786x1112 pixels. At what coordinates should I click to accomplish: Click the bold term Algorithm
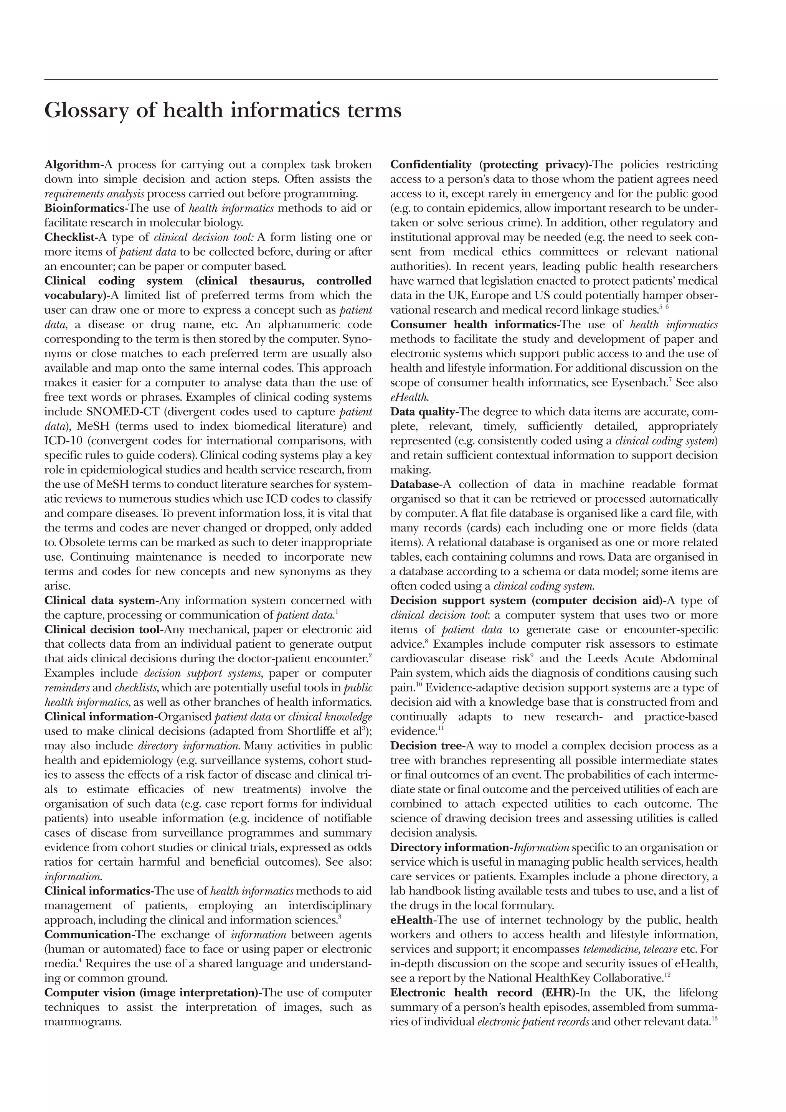[71, 165]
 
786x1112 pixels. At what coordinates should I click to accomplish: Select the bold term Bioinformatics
[84, 208]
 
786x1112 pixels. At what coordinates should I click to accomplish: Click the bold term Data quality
[422, 412]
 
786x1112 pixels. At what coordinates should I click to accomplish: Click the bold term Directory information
[449, 848]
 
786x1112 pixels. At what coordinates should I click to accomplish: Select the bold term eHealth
[411, 920]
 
